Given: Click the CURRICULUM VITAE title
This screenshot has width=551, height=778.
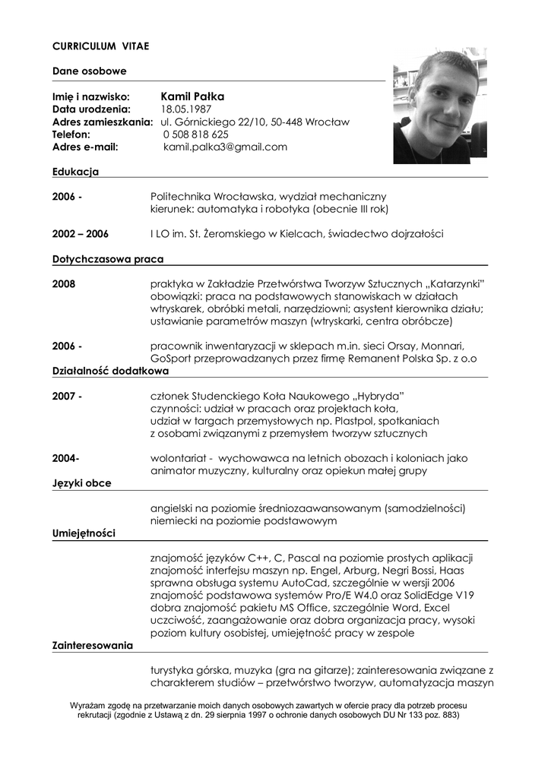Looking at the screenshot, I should point(100,46).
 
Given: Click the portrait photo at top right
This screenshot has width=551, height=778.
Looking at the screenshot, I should point(439,106).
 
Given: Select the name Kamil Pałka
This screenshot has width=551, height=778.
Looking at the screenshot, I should point(192,96).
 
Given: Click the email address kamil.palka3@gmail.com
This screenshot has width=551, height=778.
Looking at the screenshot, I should point(225,147).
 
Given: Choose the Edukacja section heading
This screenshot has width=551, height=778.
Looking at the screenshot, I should point(75,172).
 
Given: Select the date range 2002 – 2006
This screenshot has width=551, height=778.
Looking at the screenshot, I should point(80,234).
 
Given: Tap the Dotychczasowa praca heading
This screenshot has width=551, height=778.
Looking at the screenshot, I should point(108,259).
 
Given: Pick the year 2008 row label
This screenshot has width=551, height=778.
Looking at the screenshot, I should point(64,284).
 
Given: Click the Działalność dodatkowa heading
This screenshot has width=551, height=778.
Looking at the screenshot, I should point(110,372).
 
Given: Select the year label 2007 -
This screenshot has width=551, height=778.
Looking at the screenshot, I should point(67,397).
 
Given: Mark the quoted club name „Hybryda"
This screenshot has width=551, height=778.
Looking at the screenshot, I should point(378,397).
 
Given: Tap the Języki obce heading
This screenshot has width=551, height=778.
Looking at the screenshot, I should point(82,483).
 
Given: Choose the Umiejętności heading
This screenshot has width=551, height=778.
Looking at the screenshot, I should point(84,533).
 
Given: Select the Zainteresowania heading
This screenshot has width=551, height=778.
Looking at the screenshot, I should point(93,646).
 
